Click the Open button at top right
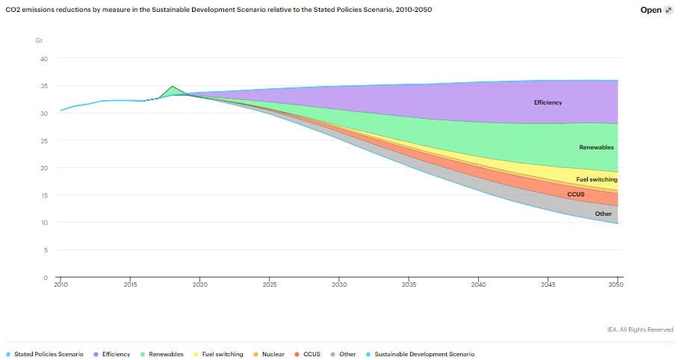tap(656, 10)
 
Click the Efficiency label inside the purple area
tap(548, 102)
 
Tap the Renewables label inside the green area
tap(596, 148)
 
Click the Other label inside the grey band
tap(603, 214)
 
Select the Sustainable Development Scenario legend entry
tap(424, 354)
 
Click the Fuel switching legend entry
tap(218, 354)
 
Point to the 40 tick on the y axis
tap(43, 59)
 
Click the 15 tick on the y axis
tap(43, 196)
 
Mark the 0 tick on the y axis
tap(46, 278)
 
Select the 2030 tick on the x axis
tap(339, 285)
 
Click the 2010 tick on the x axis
tap(61, 285)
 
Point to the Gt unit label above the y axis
tap(39, 40)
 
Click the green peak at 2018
tap(172, 87)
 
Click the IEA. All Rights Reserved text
tap(640, 329)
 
